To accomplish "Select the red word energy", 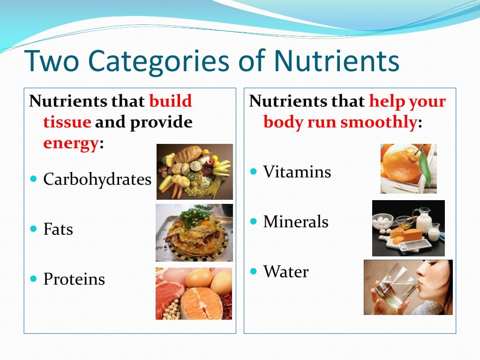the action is click(71, 143).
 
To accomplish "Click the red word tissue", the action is click(67, 121).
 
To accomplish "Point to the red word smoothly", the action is click(378, 122).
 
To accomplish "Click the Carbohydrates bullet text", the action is click(97, 179).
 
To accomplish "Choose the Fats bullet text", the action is click(58, 229).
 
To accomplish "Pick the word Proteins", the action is click(74, 279).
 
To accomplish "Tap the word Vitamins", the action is click(297, 172).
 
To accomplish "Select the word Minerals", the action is click(296, 221).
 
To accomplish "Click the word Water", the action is click(286, 271).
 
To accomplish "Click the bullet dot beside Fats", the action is click(33, 229).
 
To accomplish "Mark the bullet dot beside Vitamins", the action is click(253, 171).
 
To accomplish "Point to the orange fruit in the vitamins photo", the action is click(401, 163).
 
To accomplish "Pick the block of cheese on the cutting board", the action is click(409, 235).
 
